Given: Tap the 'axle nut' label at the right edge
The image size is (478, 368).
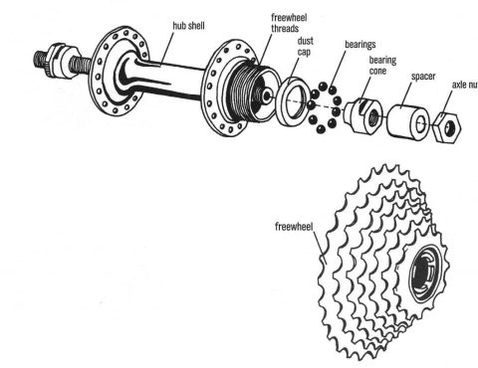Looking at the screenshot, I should tap(464, 87).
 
